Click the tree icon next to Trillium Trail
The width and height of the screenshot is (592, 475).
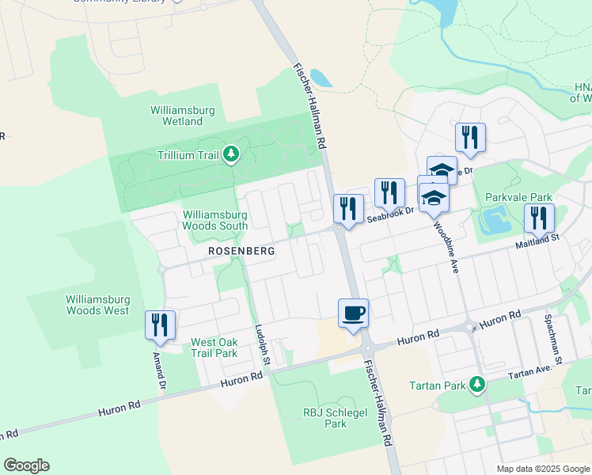[x=230, y=154]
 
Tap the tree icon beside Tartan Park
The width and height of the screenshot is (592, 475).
[x=476, y=385]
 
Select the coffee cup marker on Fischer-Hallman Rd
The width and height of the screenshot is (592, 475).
[x=353, y=313]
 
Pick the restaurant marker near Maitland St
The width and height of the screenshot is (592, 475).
[x=539, y=218]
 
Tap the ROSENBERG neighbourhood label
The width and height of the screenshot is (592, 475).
[x=241, y=250]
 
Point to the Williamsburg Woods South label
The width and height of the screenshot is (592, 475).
[x=216, y=220]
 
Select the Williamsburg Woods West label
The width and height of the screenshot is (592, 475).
[x=97, y=305]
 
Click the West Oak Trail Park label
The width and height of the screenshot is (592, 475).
[x=214, y=348]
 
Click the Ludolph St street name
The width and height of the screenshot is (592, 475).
[x=262, y=347]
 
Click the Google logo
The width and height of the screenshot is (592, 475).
[x=26, y=465]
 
